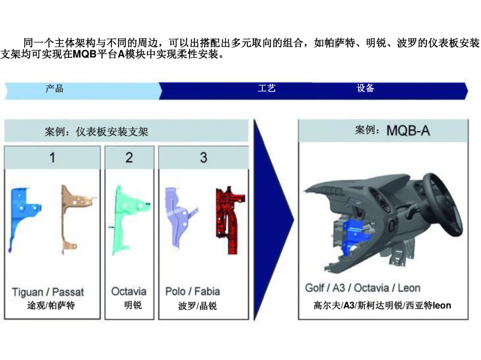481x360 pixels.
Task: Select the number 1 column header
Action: click(53, 158)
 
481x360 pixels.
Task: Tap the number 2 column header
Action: click(129, 158)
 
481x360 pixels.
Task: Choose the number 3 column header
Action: click(204, 158)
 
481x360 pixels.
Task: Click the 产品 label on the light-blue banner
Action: click(54, 89)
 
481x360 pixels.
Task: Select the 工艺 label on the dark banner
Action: click(267, 88)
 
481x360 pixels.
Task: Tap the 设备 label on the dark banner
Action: click(365, 88)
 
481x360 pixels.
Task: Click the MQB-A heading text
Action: click(408, 131)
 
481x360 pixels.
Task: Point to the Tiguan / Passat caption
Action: click(48, 292)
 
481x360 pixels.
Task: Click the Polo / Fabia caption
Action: click(193, 291)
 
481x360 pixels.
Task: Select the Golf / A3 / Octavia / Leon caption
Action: click(363, 288)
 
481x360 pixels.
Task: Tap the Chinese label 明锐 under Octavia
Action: click(133, 305)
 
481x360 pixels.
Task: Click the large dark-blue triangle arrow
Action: click(272, 219)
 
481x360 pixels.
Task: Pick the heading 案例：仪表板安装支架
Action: click(96, 132)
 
